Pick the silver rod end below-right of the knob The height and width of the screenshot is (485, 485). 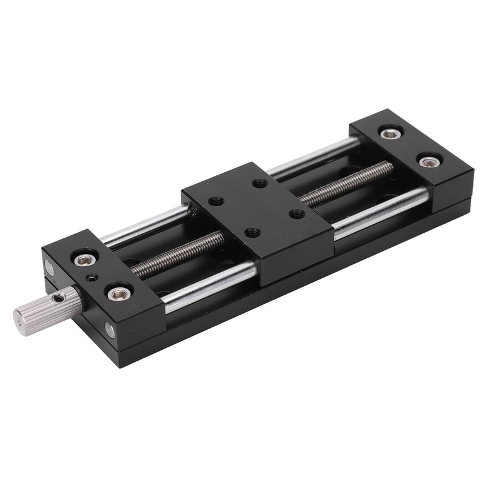pyautogui.click(x=110, y=329)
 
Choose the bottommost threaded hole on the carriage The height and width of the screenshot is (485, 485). pyautogui.click(x=250, y=233)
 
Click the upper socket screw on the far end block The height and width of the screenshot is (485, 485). pyautogui.click(x=386, y=132)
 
